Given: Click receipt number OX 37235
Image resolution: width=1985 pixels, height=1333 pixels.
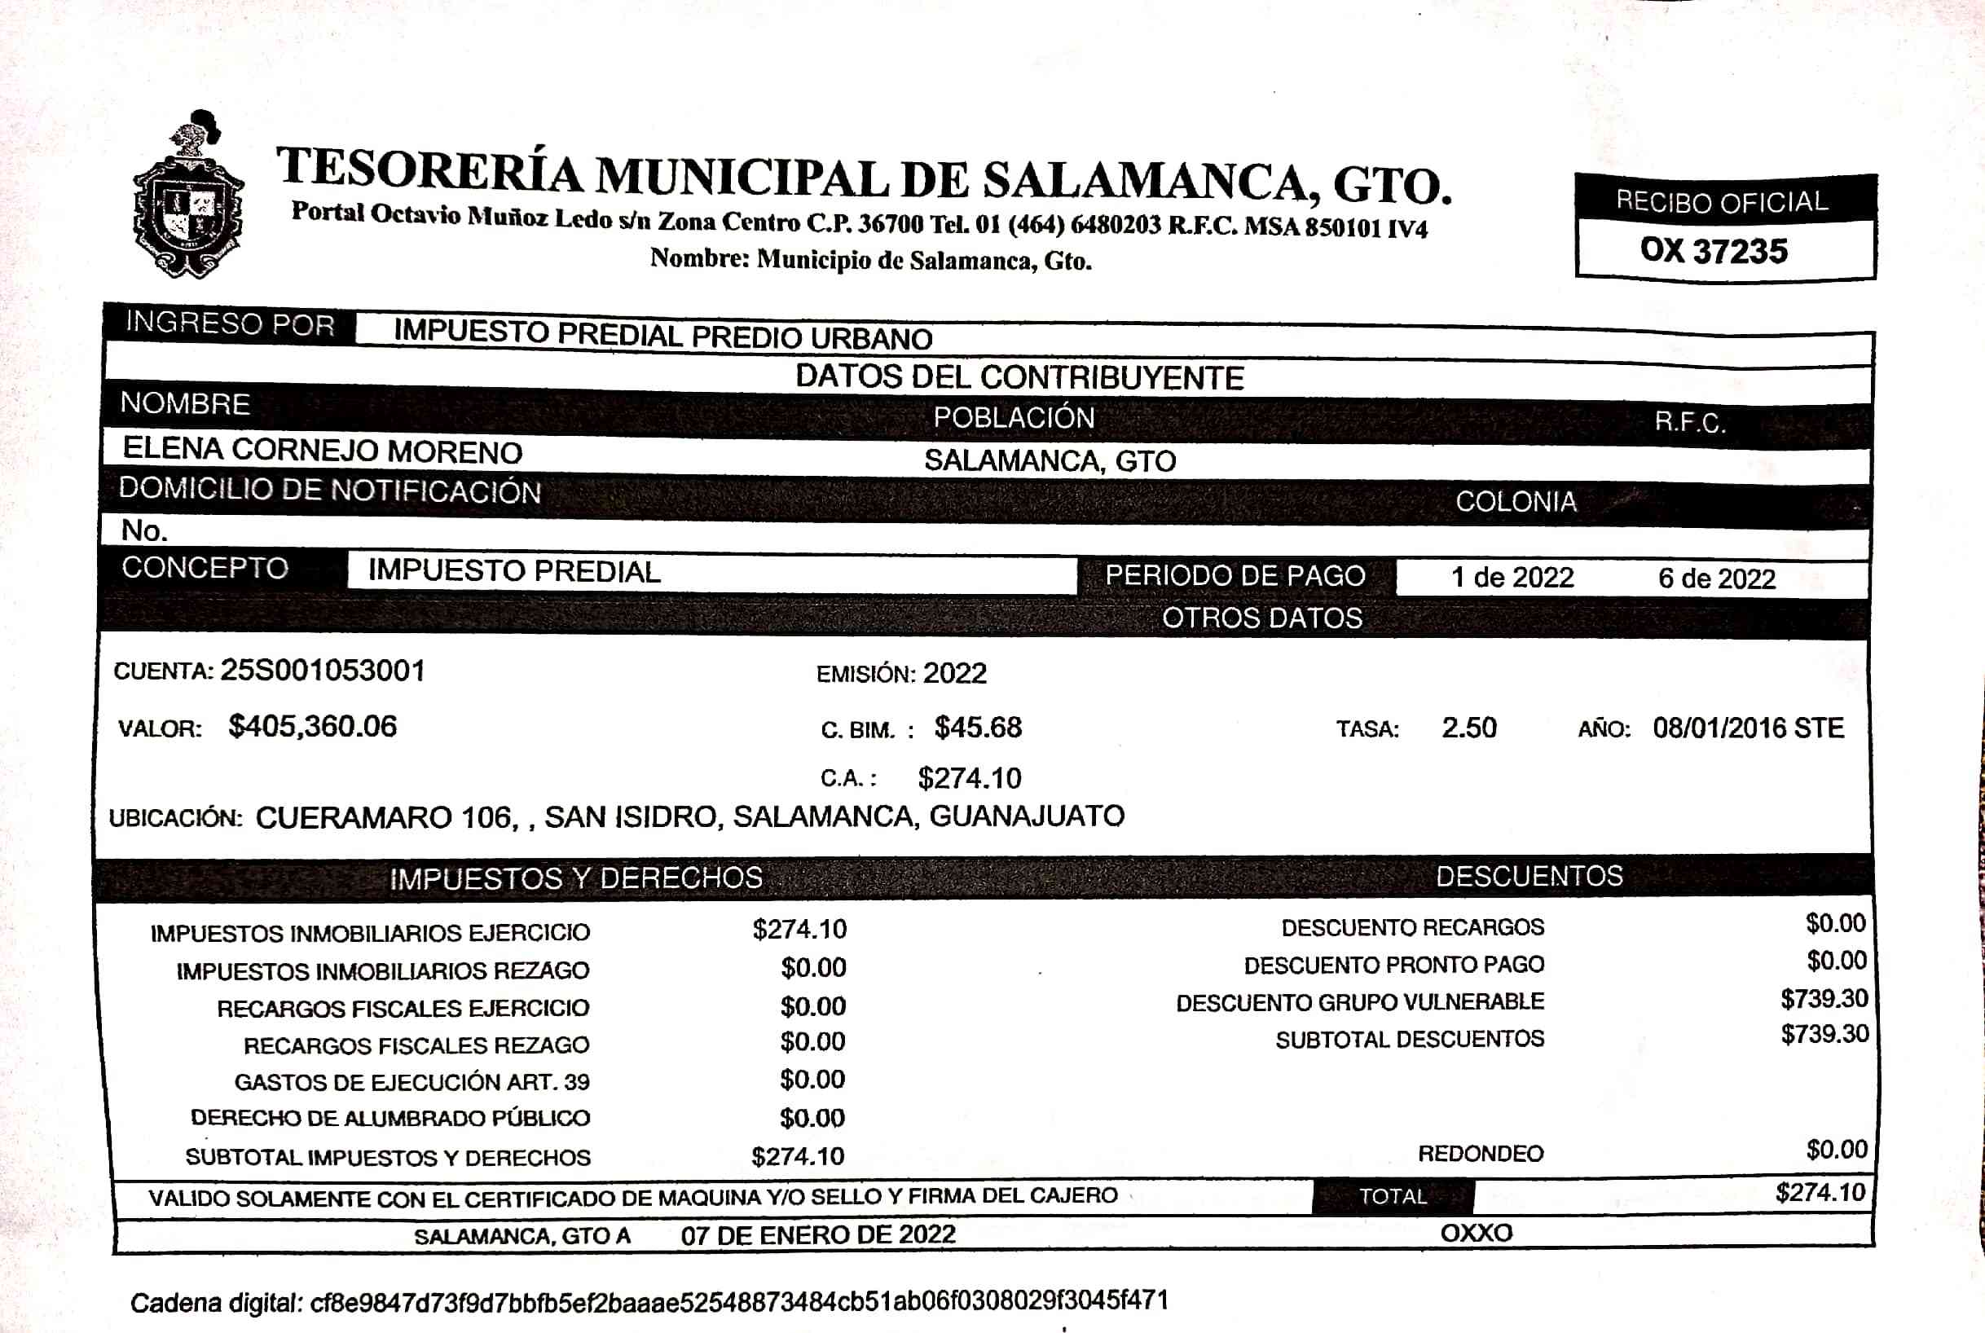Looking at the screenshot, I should (x=1714, y=251).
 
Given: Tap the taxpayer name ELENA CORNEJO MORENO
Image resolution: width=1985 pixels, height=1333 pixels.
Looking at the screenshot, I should (x=322, y=450).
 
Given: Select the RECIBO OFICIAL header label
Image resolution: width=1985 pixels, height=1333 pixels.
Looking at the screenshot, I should (x=1722, y=201).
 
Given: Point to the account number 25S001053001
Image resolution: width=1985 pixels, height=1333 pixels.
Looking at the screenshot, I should (x=322, y=671).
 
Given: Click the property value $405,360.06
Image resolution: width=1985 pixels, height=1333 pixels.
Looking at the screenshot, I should (x=312, y=726).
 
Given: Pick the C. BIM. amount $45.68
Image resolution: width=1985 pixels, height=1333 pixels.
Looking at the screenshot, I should (x=978, y=728).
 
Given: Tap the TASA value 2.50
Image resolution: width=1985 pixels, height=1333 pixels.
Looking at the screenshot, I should (x=1468, y=728).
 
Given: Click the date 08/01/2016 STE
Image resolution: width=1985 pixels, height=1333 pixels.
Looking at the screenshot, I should (x=1748, y=728).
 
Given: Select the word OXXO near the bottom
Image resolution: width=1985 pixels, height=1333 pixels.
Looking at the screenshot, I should (x=1476, y=1233).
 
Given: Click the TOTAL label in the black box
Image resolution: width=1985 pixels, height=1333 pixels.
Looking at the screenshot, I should (x=1393, y=1196).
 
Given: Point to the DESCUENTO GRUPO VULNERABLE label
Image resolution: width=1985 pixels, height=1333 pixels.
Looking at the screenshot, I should (x=1359, y=1002).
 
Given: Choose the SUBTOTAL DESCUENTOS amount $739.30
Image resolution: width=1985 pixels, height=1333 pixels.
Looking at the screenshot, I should (x=1824, y=1034).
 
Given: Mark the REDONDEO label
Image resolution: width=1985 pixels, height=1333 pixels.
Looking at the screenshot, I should (x=1480, y=1154).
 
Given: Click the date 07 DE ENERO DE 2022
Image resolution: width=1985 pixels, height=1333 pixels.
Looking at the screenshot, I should (x=818, y=1234).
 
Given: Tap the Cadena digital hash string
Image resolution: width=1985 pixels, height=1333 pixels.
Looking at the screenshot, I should (x=739, y=1300).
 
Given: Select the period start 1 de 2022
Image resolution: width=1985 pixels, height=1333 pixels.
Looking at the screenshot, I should (x=1512, y=578).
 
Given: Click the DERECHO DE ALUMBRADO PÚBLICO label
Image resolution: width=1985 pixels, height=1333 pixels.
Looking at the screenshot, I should (x=390, y=1118).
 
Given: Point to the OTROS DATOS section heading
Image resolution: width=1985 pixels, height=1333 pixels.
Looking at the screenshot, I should (x=1261, y=618).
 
